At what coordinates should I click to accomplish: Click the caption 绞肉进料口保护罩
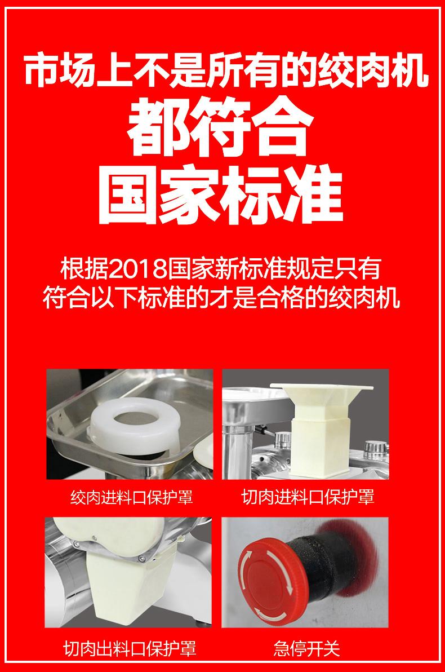[132, 497]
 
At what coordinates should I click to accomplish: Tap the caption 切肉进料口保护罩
[308, 497]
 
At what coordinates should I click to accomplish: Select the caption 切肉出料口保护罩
[130, 648]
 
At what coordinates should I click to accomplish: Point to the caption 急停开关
[306, 648]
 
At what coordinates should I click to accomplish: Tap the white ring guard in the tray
[133, 425]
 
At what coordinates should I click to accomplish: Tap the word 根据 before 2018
[85, 269]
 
